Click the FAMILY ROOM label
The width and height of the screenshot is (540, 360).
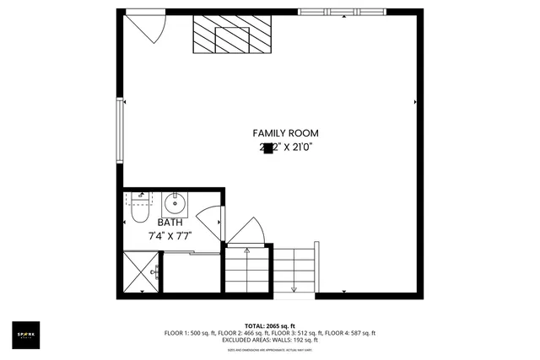(285, 133)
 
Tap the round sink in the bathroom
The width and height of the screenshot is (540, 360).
(176, 203)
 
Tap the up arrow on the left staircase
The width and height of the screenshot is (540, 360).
(246, 251)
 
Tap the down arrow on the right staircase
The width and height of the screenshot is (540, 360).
(294, 289)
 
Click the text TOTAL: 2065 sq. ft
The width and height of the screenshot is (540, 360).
(269, 325)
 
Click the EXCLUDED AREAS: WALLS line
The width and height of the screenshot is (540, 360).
(269, 340)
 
